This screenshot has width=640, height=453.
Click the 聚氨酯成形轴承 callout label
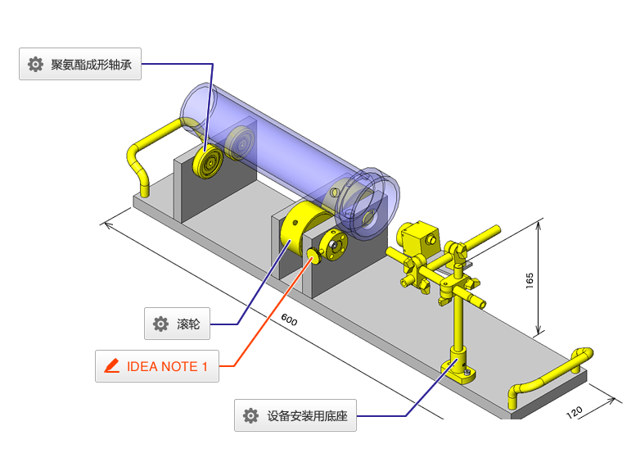tap(80, 65)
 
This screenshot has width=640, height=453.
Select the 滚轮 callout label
tap(178, 324)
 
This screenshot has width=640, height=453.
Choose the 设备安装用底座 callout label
tap(295, 416)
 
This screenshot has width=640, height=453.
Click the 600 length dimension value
tap(289, 319)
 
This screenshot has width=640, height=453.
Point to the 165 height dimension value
tap(530, 280)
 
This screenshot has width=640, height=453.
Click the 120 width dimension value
tap(575, 410)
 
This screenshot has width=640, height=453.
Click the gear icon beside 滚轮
tap(160, 324)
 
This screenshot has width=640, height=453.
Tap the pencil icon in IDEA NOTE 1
tap(112, 366)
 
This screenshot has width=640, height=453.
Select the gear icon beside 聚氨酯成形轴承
tap(35, 65)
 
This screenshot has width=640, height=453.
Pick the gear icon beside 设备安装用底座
tap(251, 416)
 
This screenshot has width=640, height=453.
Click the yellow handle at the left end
tap(147, 156)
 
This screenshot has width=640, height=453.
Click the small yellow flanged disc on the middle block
tap(333, 244)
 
